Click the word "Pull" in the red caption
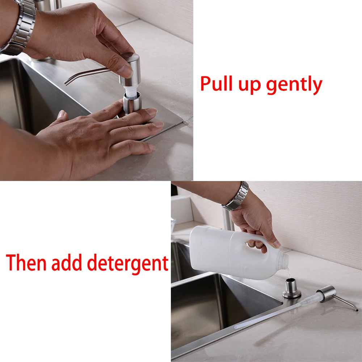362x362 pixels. tap(217, 84)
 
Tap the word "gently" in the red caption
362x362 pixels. tap(294, 85)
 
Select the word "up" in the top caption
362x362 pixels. tap(251, 85)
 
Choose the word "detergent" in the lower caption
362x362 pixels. tap(129, 264)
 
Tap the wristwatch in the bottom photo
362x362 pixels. tap(236, 197)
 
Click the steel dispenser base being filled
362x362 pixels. tap(292, 289)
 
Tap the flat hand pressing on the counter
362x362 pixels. tap(105, 134)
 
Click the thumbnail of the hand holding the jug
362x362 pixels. tap(277, 245)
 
